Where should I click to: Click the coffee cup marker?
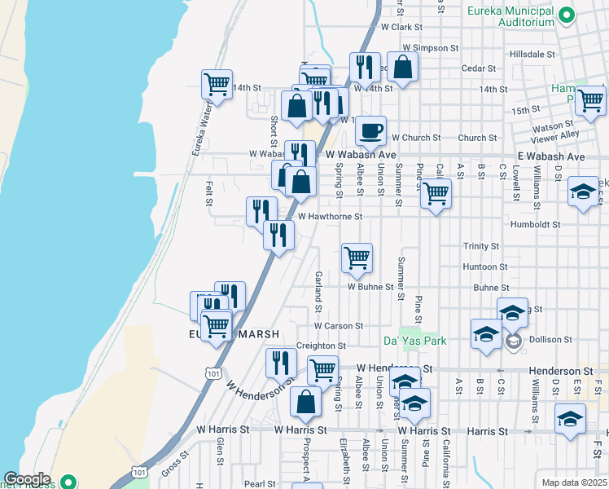(370, 130)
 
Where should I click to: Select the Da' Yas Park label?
(415, 341)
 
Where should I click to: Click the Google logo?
(27, 479)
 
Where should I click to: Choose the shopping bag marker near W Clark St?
(402, 68)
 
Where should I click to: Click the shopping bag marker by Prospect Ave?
(305, 402)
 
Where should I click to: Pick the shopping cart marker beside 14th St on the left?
(217, 84)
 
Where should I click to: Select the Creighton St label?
(316, 346)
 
